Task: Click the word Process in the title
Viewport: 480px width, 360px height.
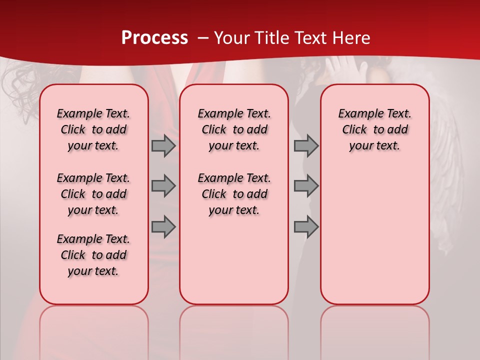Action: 154,38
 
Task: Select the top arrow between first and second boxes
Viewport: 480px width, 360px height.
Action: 163,146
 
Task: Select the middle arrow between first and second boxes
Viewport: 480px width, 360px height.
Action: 163,186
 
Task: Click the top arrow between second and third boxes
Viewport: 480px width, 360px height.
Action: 306,146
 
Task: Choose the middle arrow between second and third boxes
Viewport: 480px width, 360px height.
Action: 306,186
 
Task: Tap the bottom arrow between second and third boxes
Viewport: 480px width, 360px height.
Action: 306,226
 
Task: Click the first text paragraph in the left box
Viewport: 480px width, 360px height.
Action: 93,129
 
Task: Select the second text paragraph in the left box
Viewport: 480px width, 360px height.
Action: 93,194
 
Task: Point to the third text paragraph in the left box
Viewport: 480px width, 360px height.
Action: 93,255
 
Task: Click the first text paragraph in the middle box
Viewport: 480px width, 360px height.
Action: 234,129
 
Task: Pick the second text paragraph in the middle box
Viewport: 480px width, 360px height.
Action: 234,194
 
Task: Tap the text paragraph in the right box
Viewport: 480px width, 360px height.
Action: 375,129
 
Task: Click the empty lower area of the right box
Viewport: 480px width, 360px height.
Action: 375,240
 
